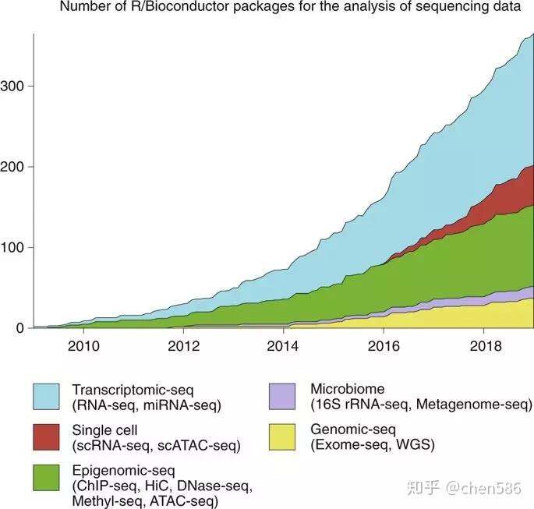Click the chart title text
(x=290, y=8)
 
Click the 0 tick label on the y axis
(x=20, y=328)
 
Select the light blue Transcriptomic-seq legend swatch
(x=48, y=396)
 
